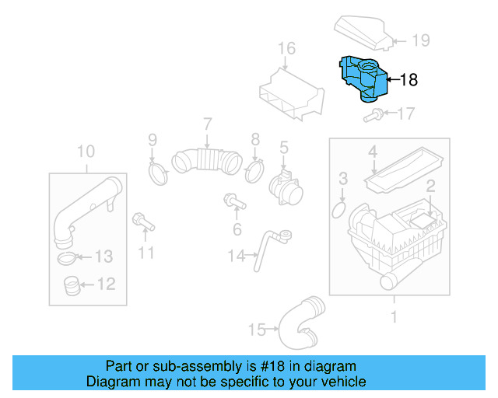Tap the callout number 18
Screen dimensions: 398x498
click(409, 79)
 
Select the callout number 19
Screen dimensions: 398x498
click(420, 40)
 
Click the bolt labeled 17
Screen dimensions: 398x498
click(372, 117)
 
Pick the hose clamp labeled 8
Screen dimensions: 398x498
click(254, 170)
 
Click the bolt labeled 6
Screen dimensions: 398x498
click(233, 201)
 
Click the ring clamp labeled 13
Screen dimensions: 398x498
click(69, 257)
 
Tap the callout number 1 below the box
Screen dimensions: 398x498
click(394, 317)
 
